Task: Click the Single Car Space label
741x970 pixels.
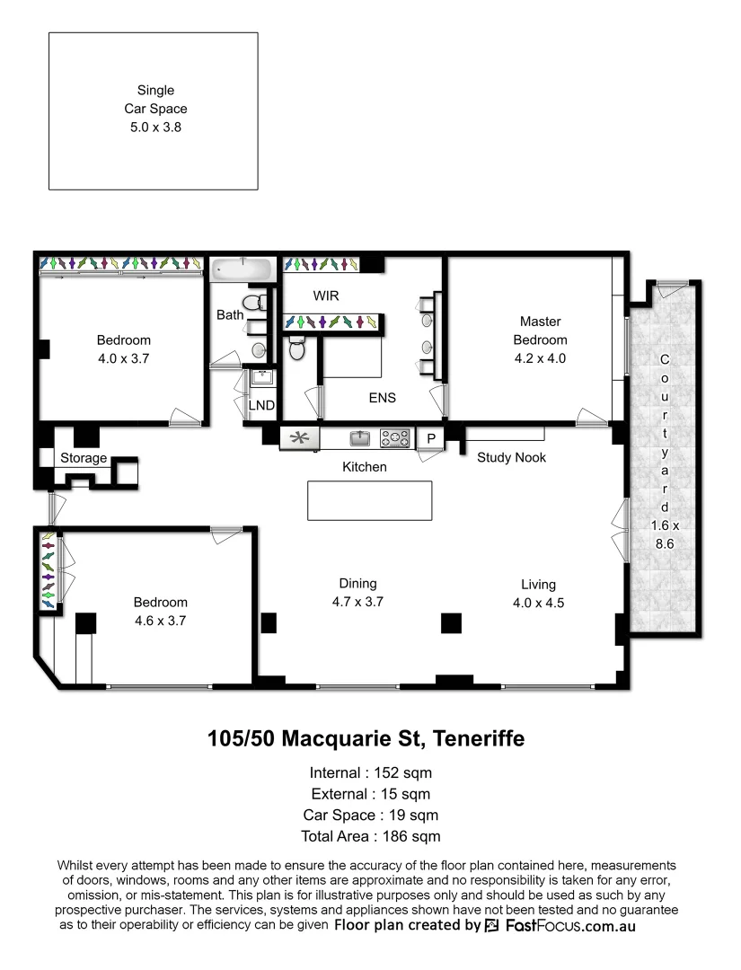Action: click(x=155, y=100)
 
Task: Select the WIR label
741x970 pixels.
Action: click(x=325, y=295)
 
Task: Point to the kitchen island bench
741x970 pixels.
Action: click(x=369, y=500)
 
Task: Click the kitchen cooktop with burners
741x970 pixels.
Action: click(x=394, y=438)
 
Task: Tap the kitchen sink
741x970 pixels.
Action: click(x=359, y=438)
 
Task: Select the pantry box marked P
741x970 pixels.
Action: click(x=430, y=438)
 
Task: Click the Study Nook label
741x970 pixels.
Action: click(x=511, y=457)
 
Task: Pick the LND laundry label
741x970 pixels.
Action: click(x=261, y=406)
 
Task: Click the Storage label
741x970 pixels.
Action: click(x=84, y=458)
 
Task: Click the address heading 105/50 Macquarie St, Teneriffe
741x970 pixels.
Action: click(x=366, y=739)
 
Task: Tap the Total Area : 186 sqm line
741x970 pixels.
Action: click(x=371, y=836)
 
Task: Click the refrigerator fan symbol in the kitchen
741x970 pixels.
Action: click(x=299, y=438)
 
